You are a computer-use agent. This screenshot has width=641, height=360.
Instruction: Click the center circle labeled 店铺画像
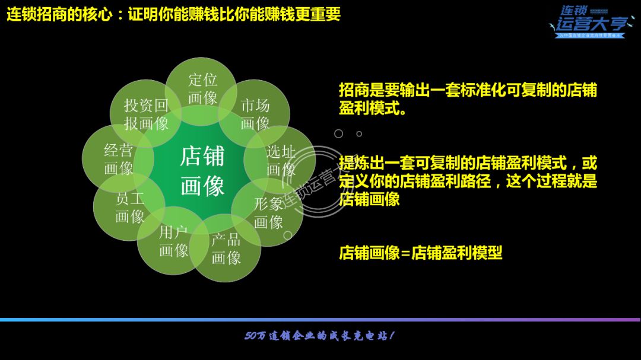pyautogui.click(x=202, y=171)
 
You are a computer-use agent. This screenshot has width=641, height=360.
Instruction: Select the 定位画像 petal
pyautogui.click(x=202, y=89)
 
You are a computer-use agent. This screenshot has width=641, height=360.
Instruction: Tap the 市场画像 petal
pyautogui.click(x=255, y=114)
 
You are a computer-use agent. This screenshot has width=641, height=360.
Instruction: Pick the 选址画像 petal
pyautogui.click(x=281, y=160)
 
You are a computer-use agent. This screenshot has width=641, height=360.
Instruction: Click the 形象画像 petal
pyautogui.click(x=268, y=213)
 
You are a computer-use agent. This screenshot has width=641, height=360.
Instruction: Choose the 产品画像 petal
pyautogui.click(x=226, y=249)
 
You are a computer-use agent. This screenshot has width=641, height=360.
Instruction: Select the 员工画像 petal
pyautogui.click(x=130, y=207)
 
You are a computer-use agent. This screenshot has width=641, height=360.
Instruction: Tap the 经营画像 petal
pyautogui.click(x=118, y=159)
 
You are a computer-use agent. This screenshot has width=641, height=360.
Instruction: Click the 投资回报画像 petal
pyautogui.click(x=146, y=114)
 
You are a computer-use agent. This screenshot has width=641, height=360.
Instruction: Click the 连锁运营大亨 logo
pyautogui.click(x=588, y=22)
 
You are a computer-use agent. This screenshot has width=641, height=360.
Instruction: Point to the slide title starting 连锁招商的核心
pyautogui.click(x=173, y=14)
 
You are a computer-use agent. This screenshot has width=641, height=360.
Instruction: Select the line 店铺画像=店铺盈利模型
pyautogui.click(x=420, y=253)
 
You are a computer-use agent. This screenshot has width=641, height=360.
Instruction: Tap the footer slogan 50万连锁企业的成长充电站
pyautogui.click(x=319, y=336)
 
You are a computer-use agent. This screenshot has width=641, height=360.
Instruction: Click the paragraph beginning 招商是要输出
pyautogui.click(x=468, y=99)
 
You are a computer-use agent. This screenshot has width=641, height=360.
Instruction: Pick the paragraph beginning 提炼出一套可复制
pyautogui.click(x=468, y=181)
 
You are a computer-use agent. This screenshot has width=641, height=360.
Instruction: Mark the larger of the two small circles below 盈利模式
pyautogui.click(x=339, y=133)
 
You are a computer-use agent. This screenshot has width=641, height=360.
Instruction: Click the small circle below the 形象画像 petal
pyautogui.click(x=288, y=235)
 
